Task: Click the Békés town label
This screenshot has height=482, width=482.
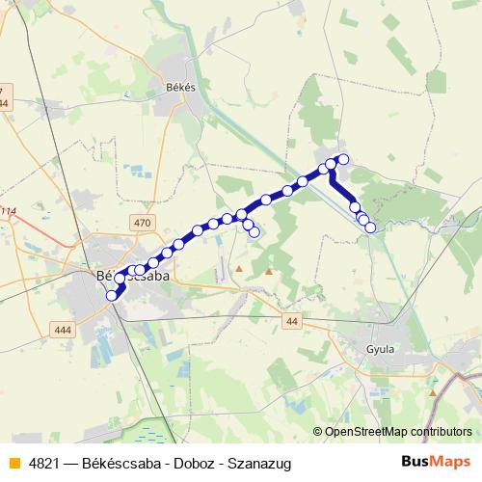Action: tap(182, 87)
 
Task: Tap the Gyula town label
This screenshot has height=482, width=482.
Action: tap(381, 349)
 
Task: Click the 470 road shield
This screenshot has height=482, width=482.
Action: tap(143, 223)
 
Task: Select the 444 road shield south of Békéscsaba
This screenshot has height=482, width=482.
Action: tap(65, 330)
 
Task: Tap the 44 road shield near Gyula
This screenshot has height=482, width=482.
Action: tap(293, 322)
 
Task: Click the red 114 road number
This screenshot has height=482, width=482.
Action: tap(8, 212)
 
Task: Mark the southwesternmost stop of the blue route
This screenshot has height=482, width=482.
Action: tap(112, 295)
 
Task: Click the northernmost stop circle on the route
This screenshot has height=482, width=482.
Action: tap(342, 159)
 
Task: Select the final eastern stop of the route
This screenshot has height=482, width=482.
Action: tap(370, 228)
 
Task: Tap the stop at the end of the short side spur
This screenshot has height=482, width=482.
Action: tap(254, 232)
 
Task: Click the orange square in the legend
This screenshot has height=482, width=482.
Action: tap(13, 462)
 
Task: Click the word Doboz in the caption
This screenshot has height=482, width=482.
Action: tap(188, 462)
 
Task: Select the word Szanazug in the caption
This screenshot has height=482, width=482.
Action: tap(255, 462)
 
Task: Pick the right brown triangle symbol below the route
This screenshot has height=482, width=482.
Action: tap(269, 270)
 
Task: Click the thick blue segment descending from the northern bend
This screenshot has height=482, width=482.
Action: tap(343, 190)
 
